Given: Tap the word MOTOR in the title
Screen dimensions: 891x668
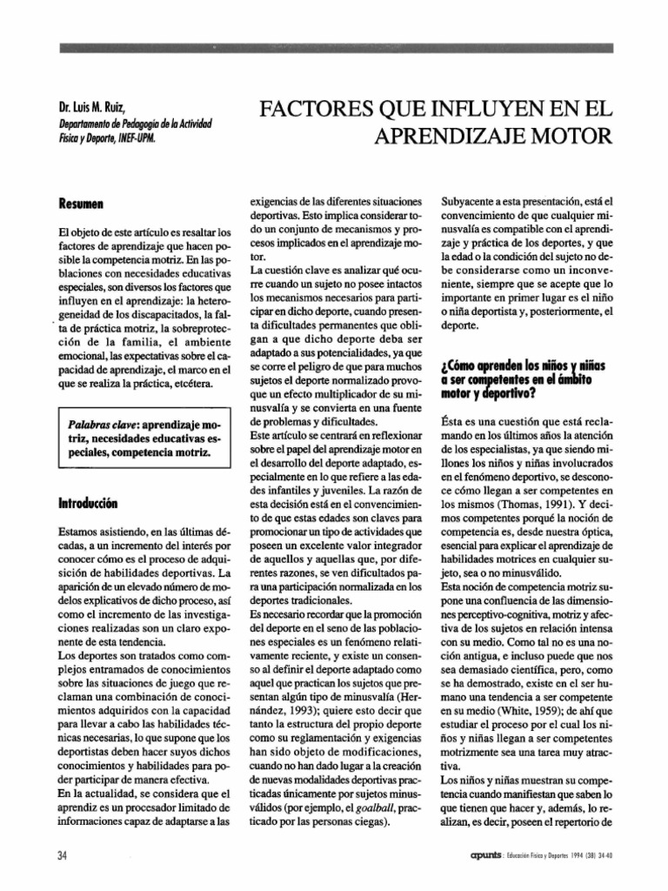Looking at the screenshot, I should [569, 137].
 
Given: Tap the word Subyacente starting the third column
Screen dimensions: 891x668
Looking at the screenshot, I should [471, 200].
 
